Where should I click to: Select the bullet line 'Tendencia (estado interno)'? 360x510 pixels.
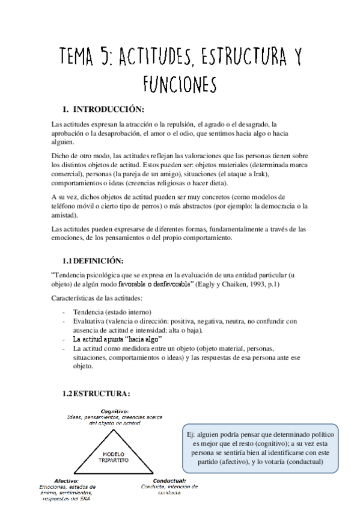112,312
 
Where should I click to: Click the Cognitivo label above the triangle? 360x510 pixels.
115,411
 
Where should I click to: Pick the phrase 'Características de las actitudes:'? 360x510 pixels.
97,298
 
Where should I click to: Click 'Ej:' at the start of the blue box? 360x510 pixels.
192,433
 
